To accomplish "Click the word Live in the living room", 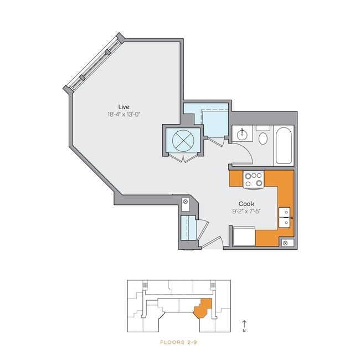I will [124, 106].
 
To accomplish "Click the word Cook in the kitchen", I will [246, 203].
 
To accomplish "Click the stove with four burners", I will [254, 179].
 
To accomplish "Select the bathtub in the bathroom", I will [284, 146].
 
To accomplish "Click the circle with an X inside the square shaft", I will [183, 142].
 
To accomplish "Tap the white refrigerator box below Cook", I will [244, 237].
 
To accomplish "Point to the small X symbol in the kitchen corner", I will [285, 243].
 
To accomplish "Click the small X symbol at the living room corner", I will [186, 202].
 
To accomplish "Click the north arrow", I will [244, 324].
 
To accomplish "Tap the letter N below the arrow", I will [244, 332].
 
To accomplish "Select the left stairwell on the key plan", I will [146, 285].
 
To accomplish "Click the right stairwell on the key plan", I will [213, 285].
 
